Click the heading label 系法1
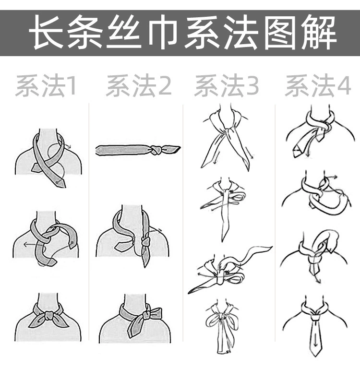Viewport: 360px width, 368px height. click(x=46, y=85)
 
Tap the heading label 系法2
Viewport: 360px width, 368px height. click(x=139, y=85)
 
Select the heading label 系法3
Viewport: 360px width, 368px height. click(x=227, y=85)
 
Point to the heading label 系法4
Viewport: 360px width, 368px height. click(x=318, y=85)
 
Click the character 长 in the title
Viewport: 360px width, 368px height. click(x=47, y=33)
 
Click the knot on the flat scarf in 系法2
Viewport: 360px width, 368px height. click(x=156, y=150)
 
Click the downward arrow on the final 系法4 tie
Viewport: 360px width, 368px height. click(x=315, y=342)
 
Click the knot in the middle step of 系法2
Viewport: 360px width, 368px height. click(x=146, y=242)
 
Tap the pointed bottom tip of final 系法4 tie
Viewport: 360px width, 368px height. click(x=315, y=357)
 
